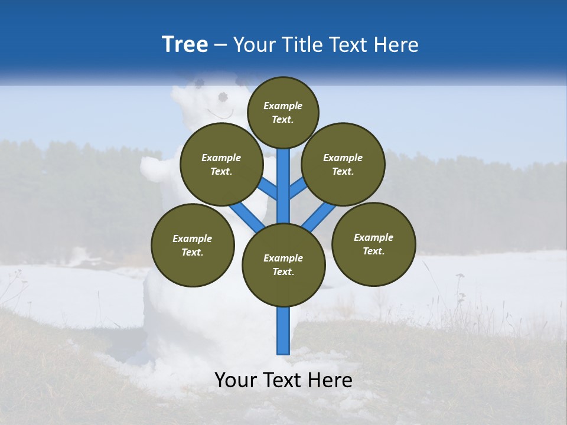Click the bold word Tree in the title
point(185,44)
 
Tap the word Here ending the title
point(396,45)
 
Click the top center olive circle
point(283,112)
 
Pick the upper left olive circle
point(221,164)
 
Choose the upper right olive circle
point(343,164)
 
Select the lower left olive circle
point(193,245)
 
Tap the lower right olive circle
point(373,244)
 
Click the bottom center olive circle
point(283,264)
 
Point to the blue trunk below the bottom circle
point(283,331)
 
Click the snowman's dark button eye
point(223,97)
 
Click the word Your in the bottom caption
point(236,380)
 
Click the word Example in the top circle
point(283,106)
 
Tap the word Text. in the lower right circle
point(373,251)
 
